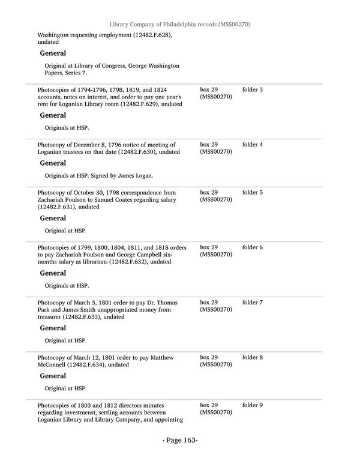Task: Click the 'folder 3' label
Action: [252, 90]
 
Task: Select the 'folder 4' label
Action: [252, 145]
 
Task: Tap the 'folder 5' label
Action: [252, 193]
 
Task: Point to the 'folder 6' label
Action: [252, 247]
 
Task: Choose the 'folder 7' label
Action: [252, 303]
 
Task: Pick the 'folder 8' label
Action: [252, 358]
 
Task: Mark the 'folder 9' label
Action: [252, 406]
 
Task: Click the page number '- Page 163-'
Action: [179, 441]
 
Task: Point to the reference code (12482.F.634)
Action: [88, 365]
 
